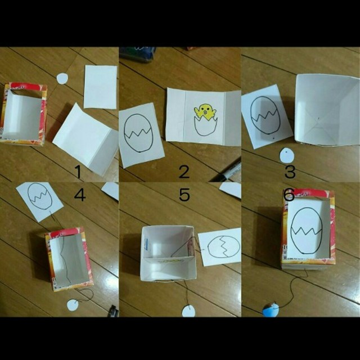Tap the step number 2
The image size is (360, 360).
[x=184, y=172]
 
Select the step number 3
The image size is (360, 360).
[x=290, y=172]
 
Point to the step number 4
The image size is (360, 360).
[x=80, y=195]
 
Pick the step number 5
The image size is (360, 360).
[x=184, y=195]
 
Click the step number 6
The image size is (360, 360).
[x=289, y=195]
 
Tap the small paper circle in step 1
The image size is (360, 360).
[x=62, y=78]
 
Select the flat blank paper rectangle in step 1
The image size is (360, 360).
[x=100, y=87]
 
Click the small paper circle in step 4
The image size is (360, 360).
[x=72, y=305]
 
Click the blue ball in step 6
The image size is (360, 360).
[x=271, y=309]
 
